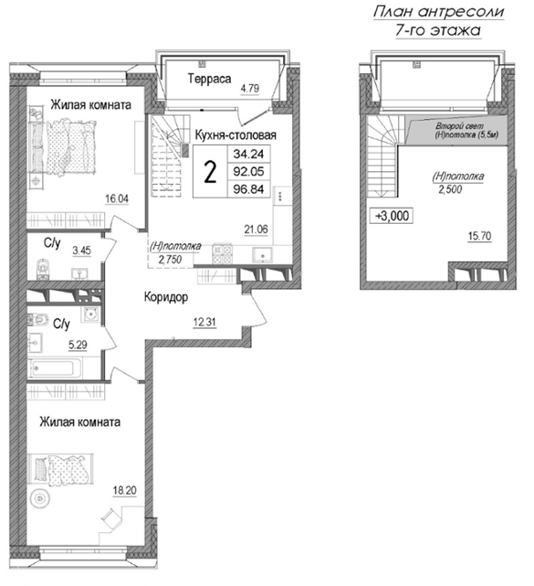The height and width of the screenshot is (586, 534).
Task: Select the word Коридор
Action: [165, 298]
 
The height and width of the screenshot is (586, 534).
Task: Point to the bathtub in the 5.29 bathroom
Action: [57, 370]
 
